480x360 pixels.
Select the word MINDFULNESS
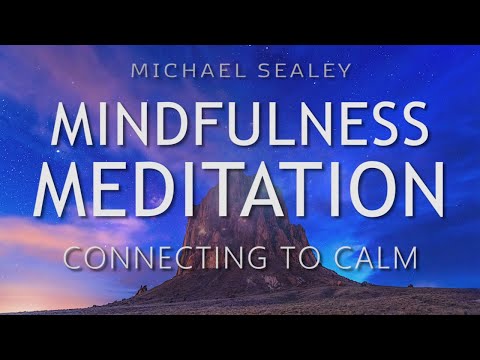pos(239,125)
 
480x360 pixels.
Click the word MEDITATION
pos(239,190)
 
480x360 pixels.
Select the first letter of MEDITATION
pos(62,190)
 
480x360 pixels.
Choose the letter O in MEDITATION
pos(362,190)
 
